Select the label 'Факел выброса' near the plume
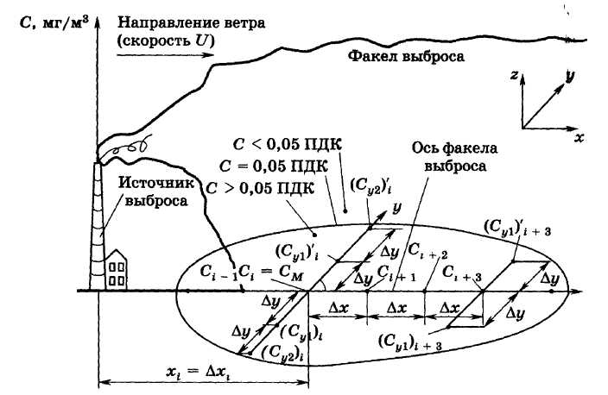pos(406,58)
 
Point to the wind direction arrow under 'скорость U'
pos(164,54)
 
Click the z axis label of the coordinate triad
pos(513,76)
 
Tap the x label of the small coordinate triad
pos(579,136)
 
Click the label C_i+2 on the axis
pos(430,254)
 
